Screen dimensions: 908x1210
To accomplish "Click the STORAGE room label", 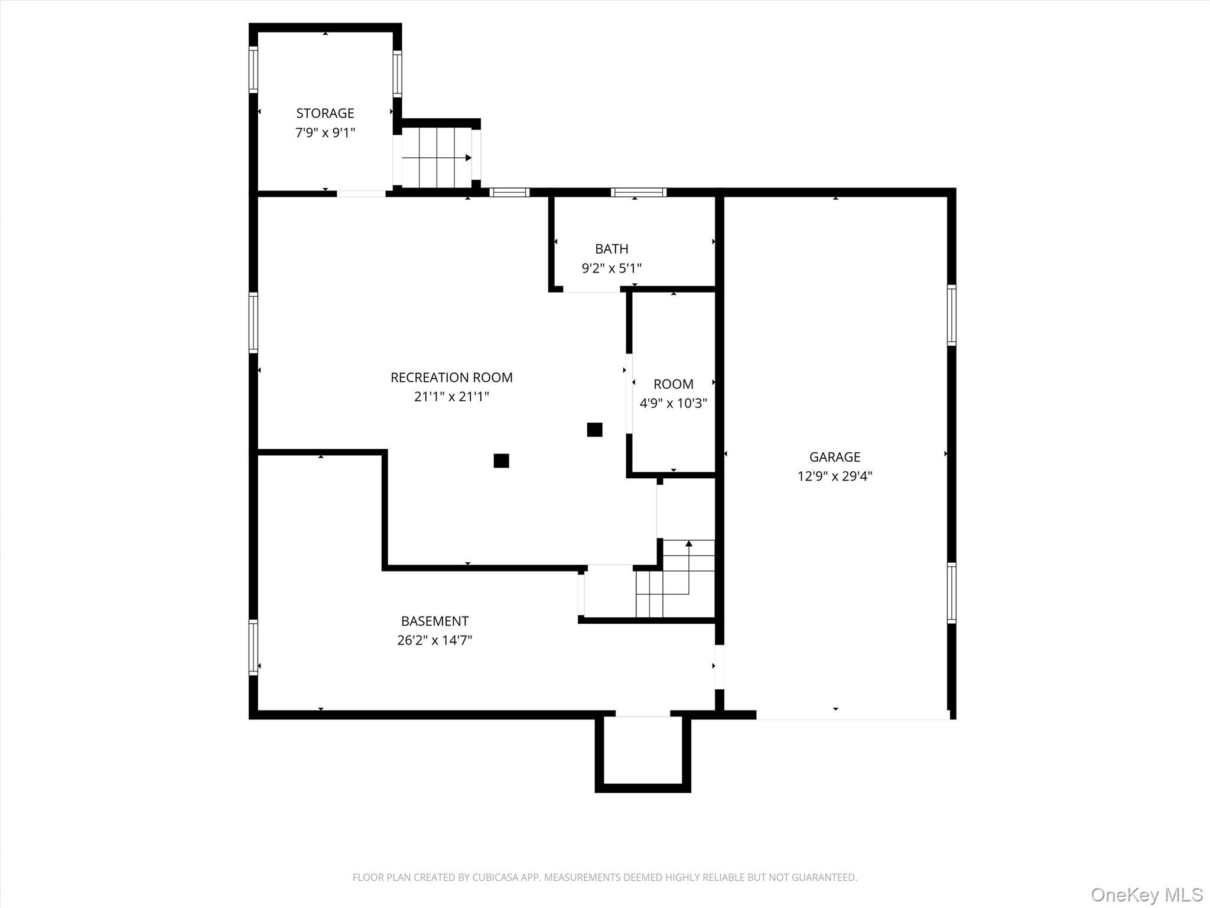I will pos(325,113).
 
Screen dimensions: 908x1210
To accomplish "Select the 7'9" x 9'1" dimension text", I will pos(325,132).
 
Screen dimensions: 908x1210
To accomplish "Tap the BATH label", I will pos(611,249).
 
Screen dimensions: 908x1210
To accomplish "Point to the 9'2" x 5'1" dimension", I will pos(611,268).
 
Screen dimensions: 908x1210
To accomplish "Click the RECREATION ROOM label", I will pos(451,377).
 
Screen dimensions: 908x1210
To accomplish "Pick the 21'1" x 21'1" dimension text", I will pos(451,397).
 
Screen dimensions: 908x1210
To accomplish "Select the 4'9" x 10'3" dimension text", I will pos(673,403).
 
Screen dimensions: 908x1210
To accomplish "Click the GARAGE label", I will pos(834,457).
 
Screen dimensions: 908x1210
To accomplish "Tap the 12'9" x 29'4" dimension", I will pos(834,476).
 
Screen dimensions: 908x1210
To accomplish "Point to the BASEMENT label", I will pos(434,621).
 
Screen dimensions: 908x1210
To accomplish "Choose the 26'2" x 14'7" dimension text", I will pos(434,640).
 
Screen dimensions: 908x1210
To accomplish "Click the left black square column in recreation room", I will pos(501,461).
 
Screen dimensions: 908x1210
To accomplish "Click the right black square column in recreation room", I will pos(594,430).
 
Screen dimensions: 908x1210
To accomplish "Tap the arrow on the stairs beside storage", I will pos(468,158).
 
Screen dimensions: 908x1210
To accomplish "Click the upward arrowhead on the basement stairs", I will pos(688,544).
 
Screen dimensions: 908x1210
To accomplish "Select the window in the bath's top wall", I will pos(638,192).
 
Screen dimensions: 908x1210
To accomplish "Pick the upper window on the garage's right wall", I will pos(951,315).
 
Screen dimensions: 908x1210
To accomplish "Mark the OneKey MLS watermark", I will pos(1146,894).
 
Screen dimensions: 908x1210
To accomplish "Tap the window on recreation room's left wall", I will pos(253,323).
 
